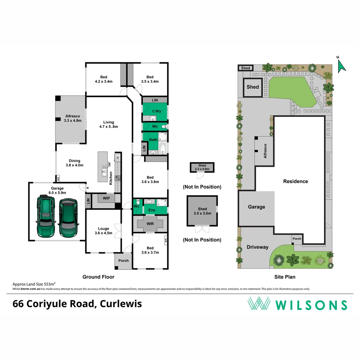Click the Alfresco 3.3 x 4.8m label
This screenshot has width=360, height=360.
[73, 118]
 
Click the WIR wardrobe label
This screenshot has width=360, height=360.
[150, 223]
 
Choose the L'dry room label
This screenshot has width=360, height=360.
[157, 111]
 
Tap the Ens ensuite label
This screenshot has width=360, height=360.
[152, 210]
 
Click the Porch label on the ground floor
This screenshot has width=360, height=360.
[124, 260]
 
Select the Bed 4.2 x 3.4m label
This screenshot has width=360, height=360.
[104, 79]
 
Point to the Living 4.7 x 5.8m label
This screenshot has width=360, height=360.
[109, 124]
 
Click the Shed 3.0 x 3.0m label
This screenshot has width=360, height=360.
[202, 211]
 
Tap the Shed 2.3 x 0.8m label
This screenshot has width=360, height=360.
[202, 167]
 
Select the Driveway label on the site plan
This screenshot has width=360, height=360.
[257, 247]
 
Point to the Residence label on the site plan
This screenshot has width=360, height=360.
[295, 181]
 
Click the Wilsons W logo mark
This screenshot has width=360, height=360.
[259, 304]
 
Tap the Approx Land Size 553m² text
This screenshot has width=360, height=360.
[34, 284]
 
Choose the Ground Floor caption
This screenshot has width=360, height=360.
[98, 277]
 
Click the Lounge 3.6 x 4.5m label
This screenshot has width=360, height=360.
[104, 231]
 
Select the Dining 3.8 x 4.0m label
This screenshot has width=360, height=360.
[75, 163]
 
